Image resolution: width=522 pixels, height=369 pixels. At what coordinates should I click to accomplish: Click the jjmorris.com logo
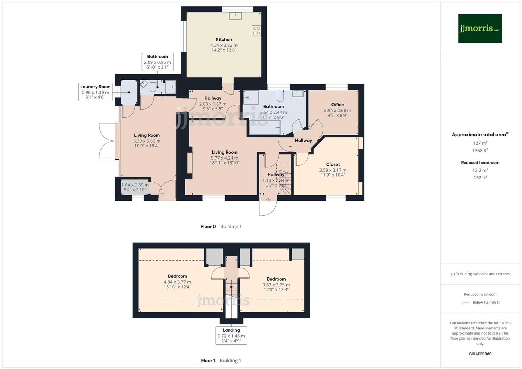coord(480,28)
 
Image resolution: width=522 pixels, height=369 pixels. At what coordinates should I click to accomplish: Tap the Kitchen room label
coord(224,39)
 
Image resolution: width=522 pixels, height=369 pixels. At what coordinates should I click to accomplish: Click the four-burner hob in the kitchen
coord(256,31)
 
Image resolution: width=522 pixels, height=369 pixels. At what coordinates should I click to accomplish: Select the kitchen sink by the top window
coord(235,16)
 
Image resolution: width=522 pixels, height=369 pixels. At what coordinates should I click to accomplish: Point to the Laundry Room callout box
coord(95,92)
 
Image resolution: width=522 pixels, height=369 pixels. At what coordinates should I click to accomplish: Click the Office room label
coord(337,105)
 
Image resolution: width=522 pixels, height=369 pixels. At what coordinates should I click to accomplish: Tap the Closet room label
coord(333,164)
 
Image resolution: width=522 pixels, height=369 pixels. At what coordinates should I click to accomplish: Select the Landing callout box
coord(231,336)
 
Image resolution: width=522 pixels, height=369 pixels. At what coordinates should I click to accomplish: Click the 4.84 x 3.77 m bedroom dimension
coord(177,282)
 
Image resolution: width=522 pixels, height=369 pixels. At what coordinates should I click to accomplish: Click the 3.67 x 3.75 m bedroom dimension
coord(276,285)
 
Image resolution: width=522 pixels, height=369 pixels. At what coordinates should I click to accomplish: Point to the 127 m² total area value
coord(480,143)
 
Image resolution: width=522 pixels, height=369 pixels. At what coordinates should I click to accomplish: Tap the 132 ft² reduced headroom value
coord(480,178)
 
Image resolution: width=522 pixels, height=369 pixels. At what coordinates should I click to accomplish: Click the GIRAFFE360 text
coord(480,354)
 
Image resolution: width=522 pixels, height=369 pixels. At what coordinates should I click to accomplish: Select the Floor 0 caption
coord(208,226)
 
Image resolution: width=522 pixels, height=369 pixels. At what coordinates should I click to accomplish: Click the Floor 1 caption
coord(208,360)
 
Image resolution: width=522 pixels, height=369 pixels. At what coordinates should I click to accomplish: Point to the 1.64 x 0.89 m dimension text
coord(135,185)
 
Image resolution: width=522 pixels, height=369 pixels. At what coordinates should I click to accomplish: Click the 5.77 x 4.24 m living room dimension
coord(224,158)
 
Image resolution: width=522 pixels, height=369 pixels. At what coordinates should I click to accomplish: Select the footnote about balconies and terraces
coord(480,274)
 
